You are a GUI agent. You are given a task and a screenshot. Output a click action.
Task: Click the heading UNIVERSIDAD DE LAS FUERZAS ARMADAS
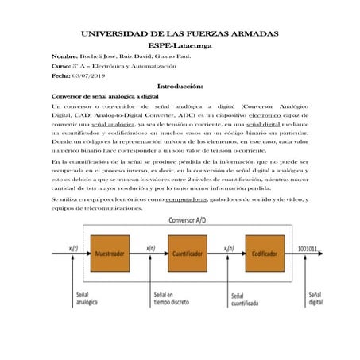click(180, 35)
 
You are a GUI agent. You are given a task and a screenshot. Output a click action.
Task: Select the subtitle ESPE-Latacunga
click(180, 48)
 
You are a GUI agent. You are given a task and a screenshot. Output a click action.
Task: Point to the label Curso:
click(62, 67)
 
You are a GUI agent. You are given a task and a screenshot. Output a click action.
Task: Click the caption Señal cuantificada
click(235, 300)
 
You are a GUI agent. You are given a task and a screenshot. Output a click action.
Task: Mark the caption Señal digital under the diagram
click(315, 299)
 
